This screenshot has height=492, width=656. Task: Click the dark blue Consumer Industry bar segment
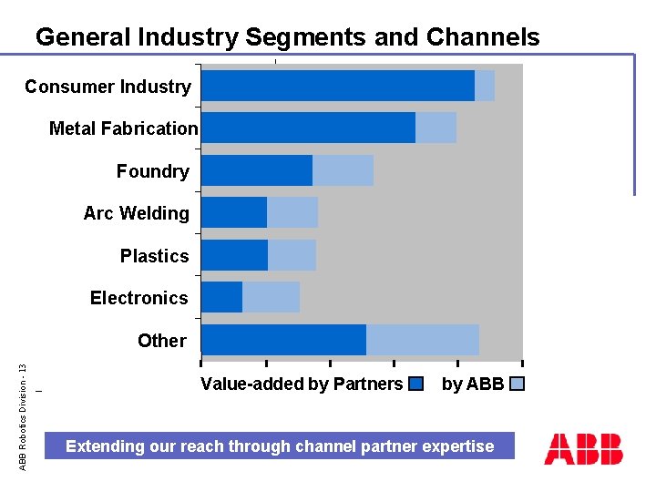click(x=337, y=86)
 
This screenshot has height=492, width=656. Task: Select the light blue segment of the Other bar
click(x=422, y=340)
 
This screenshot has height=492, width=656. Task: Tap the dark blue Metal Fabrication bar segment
click(x=308, y=128)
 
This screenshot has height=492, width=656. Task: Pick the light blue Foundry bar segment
click(x=343, y=170)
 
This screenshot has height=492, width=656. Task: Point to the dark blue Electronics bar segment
click(x=221, y=297)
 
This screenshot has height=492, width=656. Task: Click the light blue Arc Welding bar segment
click(x=292, y=212)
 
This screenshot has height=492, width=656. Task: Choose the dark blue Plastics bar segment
click(x=234, y=255)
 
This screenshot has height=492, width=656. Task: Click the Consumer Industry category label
click(x=108, y=87)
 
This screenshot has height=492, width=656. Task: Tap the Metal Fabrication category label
click(x=123, y=128)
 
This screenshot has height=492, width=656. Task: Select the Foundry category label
click(x=152, y=171)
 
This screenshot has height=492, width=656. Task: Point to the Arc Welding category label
click(x=136, y=213)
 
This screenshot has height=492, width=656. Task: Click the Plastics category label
click(x=154, y=256)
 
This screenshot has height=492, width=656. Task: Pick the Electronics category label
click(x=138, y=298)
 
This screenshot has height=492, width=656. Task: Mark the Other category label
click(x=161, y=341)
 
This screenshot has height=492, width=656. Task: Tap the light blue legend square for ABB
click(x=517, y=384)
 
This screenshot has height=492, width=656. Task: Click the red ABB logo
click(x=583, y=448)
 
